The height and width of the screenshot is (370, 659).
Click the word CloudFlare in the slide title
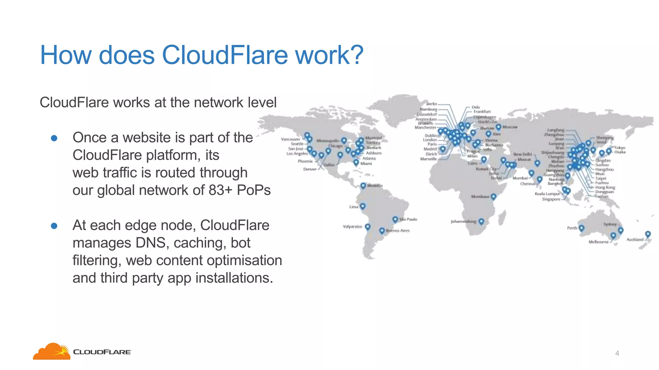pos(225,55)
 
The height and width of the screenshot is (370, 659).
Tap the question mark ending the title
pos(357,55)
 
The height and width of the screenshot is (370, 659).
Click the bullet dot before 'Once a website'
pos(54,138)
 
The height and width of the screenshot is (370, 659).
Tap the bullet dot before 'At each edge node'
pos(54,226)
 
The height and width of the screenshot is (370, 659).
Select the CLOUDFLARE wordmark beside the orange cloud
pos(102,352)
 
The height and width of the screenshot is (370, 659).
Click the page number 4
pos(617,353)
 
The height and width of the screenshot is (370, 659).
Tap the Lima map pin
pos(363,206)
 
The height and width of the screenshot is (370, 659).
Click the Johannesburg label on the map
pos(463,222)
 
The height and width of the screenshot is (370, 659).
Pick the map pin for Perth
pos(581,228)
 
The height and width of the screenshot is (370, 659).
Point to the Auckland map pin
pos(648,234)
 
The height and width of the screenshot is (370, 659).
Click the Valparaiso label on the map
pos(352,227)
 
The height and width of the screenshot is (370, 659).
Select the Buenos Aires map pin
pos(382,231)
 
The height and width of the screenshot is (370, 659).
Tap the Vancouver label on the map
pos(290,139)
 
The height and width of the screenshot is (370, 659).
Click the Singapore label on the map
pos(551,199)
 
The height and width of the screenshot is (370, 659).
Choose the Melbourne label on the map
pos(599,242)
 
